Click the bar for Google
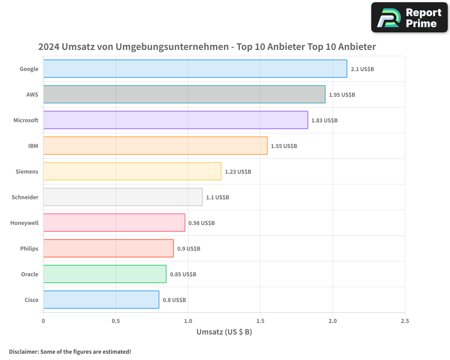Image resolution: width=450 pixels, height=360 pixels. [x=195, y=69]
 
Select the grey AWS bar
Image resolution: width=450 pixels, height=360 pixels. [x=184, y=94]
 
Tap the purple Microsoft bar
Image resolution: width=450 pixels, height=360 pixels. [x=175, y=120]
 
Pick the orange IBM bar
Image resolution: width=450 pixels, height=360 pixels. [x=155, y=146]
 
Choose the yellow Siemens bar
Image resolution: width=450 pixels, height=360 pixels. [x=132, y=171]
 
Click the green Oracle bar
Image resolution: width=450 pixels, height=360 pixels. [x=104, y=274]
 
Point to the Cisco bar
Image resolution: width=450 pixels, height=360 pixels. [x=101, y=300]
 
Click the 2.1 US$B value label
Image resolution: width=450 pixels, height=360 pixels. [x=362, y=69]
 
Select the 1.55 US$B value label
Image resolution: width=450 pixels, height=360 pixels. [x=283, y=146]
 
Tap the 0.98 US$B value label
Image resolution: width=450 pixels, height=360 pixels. [x=201, y=223]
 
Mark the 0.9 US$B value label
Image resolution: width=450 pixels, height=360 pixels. [x=189, y=249]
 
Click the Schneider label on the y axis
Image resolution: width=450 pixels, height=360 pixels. [x=25, y=197]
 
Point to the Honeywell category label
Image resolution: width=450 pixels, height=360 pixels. [x=24, y=223]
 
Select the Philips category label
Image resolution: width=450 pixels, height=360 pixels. [x=29, y=248]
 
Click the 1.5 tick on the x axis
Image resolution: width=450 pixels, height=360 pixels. [x=260, y=321]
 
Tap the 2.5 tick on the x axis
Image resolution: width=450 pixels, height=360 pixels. [x=405, y=321]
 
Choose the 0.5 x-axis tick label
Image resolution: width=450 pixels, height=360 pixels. [x=116, y=321]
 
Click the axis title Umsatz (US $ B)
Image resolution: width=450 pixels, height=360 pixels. [x=224, y=332]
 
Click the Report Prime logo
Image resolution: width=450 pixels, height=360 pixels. [x=409, y=18]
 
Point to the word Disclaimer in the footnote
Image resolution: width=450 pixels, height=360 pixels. [x=23, y=351]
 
